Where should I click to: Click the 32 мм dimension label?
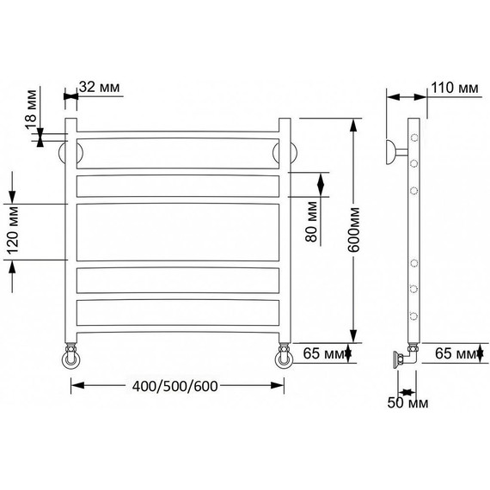[x=100, y=87]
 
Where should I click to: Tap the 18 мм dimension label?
[x=31, y=110]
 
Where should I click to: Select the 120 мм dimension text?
[x=13, y=230]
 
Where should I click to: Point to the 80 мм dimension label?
[x=311, y=222]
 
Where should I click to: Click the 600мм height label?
[x=354, y=230]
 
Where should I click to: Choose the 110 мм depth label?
[x=455, y=88]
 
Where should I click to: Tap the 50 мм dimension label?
[x=407, y=402]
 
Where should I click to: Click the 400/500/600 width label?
[x=175, y=387]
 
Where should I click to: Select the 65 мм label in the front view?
[x=323, y=353]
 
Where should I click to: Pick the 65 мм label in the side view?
[x=456, y=353]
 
